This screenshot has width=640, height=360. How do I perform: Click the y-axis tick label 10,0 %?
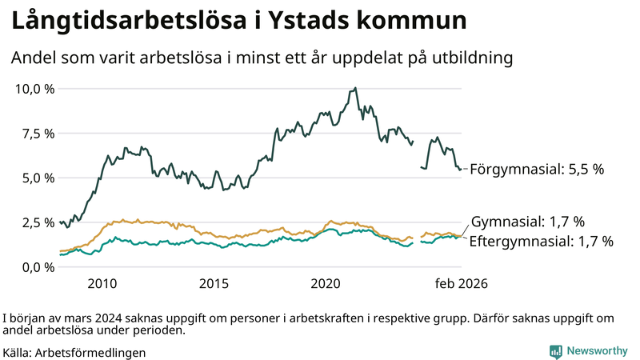point(34,89)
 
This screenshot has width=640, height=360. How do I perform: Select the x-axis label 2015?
point(214,283)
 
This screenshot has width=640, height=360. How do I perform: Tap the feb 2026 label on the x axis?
point(461,283)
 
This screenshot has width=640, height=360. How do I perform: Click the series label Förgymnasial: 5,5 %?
point(536,170)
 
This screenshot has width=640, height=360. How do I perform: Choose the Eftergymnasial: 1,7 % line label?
point(541,241)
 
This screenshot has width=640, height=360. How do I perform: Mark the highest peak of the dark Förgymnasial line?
point(355,88)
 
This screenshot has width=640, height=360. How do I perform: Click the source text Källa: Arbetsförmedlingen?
point(74,352)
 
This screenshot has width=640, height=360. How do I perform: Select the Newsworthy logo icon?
point(555,351)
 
